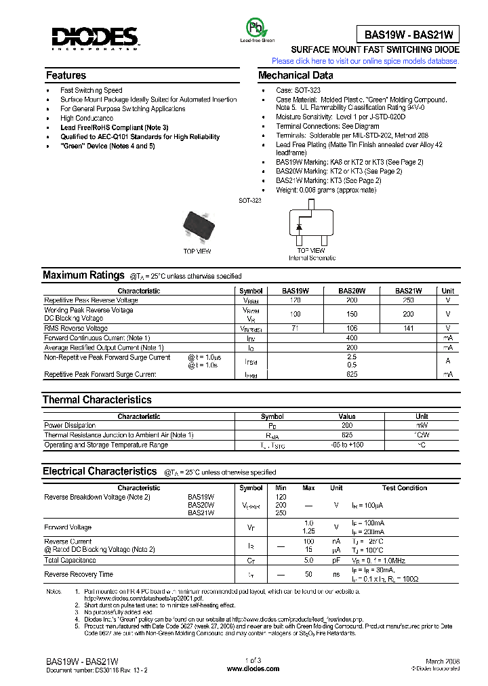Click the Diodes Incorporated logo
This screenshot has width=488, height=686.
coord(96,39)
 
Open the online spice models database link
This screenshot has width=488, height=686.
coord(365,61)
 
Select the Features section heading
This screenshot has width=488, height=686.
coord(66,75)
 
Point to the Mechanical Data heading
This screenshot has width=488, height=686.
coord(296,75)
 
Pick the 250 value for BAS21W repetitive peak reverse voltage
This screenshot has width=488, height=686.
coord(408,300)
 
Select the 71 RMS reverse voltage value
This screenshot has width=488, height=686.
coord(295,328)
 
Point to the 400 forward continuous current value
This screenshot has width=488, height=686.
coord(352,338)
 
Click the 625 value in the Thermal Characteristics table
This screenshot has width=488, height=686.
coord(347,435)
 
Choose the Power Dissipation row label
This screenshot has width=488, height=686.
coord(70,426)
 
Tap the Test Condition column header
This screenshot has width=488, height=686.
coord(404,488)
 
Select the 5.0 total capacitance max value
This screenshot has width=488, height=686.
coord(308,561)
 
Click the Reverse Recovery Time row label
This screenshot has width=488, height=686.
coord(79,574)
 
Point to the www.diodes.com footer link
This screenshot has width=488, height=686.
coord(253,668)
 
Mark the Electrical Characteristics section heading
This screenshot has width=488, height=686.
coord(100,471)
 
